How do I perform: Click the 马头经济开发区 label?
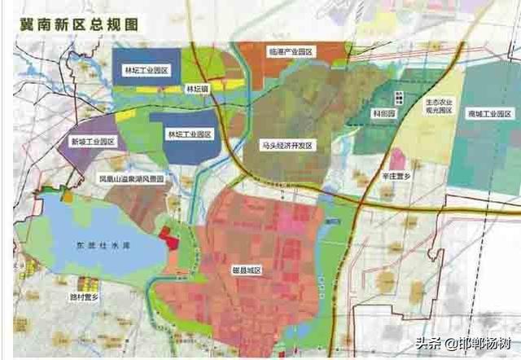click(x=285, y=144)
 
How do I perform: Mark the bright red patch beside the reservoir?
click(x=169, y=239)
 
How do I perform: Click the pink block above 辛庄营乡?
click(x=398, y=158)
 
